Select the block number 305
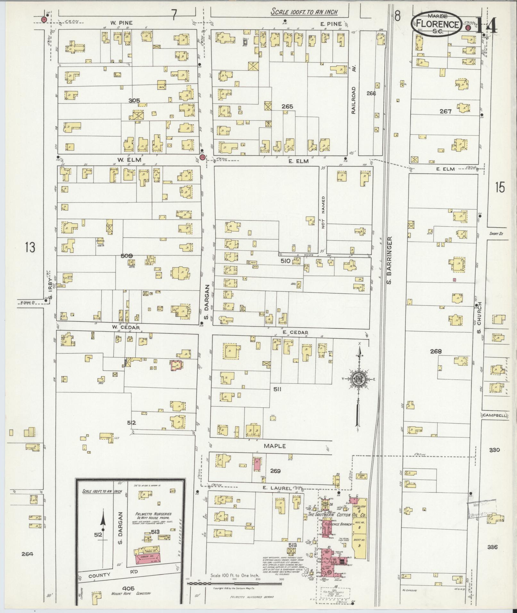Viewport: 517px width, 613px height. click(134, 100)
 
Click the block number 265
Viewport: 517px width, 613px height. click(287, 106)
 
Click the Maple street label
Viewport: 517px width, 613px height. click(275, 446)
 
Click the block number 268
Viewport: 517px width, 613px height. click(436, 351)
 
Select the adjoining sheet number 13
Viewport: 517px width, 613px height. click(30, 247)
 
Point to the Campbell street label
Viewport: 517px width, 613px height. click(495, 415)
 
